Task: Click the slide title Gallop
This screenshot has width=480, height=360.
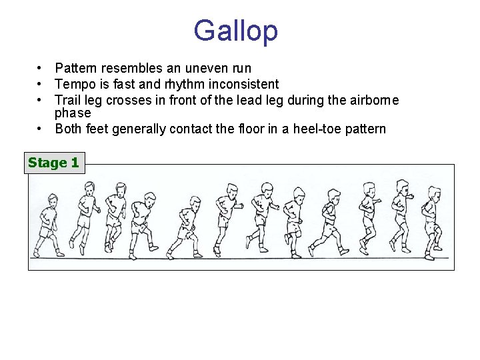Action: (x=235, y=31)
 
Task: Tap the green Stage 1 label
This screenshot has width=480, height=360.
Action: (x=53, y=162)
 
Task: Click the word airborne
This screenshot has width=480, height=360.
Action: (x=372, y=100)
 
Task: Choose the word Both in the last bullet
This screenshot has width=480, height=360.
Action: (x=69, y=129)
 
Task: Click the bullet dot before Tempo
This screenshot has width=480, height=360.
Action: (x=41, y=84)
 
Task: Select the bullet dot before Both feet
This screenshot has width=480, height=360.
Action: (x=41, y=129)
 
